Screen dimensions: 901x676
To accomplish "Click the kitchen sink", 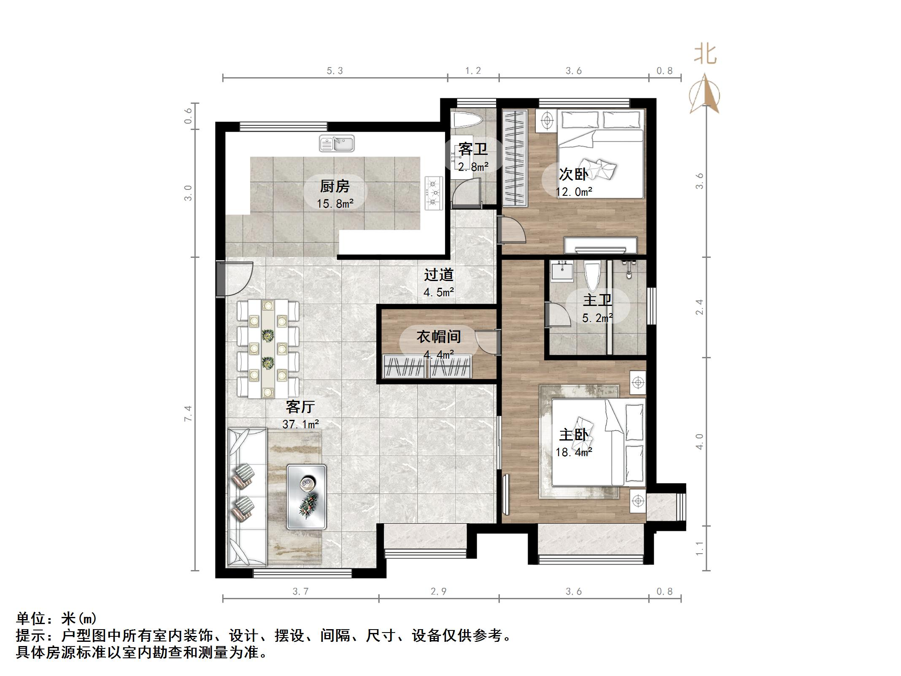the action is point(337,143).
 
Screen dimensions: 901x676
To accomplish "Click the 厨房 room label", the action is point(335,186).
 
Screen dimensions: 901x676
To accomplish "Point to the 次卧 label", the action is point(574,174).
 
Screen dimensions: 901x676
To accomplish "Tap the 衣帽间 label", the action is point(439,337).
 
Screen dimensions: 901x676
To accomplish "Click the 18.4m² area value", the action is point(574,452).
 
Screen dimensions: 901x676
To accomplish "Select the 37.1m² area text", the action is point(300,424).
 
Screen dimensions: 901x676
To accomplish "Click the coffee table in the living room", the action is point(307,497).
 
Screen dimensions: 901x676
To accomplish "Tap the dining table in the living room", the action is point(268,349).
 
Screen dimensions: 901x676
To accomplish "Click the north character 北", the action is point(705,55).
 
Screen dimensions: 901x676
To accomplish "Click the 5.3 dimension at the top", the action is point(335,71).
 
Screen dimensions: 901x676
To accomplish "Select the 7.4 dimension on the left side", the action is point(188,414).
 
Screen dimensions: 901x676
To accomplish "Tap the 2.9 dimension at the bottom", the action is point(439,592).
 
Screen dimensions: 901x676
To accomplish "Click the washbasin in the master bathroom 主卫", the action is point(562,270).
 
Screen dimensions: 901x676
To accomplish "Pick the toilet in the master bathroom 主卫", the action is point(592,277).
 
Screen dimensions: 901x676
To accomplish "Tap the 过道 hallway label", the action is point(439,275).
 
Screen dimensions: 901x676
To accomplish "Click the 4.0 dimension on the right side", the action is point(699,441).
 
